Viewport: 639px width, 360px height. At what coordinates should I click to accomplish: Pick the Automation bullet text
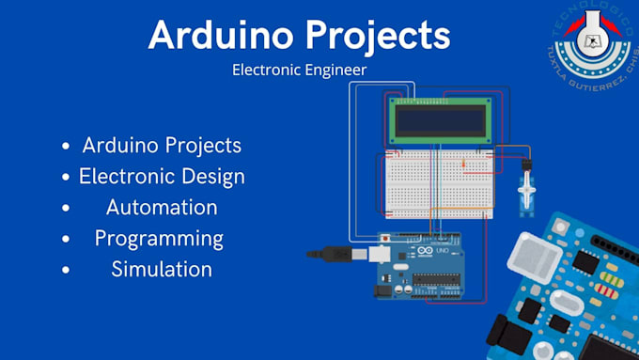162,207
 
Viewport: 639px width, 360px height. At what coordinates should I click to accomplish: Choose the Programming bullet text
159,238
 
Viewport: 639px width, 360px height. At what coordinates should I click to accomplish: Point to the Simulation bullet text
161,269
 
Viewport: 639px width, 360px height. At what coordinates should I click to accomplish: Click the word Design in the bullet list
213,176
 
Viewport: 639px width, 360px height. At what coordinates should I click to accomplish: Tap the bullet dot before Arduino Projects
65,147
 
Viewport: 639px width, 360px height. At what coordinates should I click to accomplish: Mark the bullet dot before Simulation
65,270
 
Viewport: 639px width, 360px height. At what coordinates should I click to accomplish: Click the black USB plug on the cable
335,252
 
